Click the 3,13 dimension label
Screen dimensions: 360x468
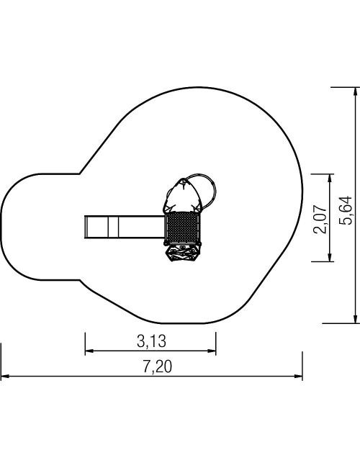(151, 341)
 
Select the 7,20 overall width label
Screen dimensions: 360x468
(158, 366)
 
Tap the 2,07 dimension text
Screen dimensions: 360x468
(320, 219)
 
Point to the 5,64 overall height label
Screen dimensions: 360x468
(346, 210)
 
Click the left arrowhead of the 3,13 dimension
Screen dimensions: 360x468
(89, 351)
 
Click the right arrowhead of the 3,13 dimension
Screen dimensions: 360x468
(212, 351)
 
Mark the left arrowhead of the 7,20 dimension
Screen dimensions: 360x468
(5, 376)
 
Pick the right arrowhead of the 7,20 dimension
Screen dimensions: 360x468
(298, 376)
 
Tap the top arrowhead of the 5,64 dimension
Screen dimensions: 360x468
(355, 91)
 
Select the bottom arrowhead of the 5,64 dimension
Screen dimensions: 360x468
(355, 319)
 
